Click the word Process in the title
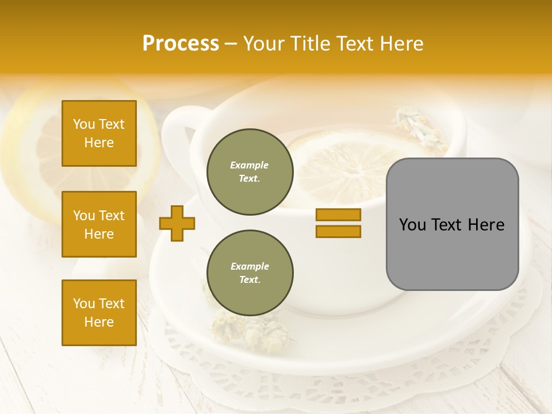coord(181,44)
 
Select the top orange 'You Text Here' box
coord(99,133)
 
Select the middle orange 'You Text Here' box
coord(99,224)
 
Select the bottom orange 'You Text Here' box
coord(99,313)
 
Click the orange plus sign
coord(177,223)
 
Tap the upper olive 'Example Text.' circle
coord(250,172)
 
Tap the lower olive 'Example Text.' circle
coord(250,273)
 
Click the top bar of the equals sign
coord(338,214)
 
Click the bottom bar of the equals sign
coord(338,231)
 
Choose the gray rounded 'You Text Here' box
coord(452,224)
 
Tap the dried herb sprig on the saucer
coord(230,328)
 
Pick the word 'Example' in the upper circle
coord(250,165)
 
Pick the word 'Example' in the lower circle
coord(250,266)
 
